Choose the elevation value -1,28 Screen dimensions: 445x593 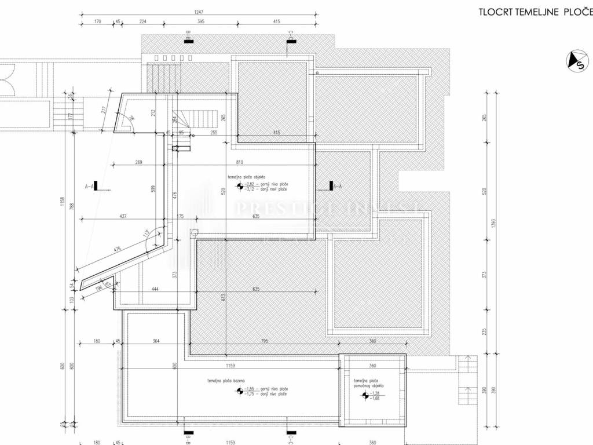click(376, 392)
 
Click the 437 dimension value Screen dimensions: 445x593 click(122, 217)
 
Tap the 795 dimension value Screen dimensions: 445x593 click(265, 341)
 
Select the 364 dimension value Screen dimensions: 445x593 click(155, 341)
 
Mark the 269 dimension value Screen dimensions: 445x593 click(138, 162)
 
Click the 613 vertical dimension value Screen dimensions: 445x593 click(223, 298)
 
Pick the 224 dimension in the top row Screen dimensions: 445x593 click(142, 21)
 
